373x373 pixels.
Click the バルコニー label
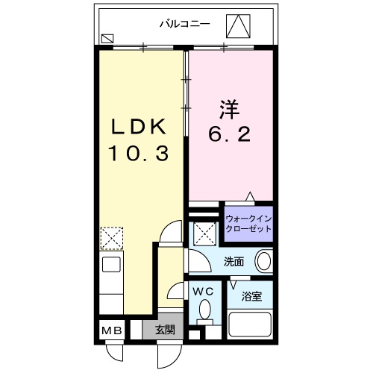(184, 23)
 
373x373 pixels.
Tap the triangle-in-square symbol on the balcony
(239, 27)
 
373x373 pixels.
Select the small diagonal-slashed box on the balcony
(108, 37)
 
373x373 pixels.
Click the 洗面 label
(234, 262)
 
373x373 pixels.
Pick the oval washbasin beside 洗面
(263, 262)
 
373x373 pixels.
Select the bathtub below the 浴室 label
(249, 325)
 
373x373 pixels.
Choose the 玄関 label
(165, 330)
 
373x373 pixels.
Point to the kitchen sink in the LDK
(110, 265)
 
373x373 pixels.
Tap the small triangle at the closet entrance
(251, 197)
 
